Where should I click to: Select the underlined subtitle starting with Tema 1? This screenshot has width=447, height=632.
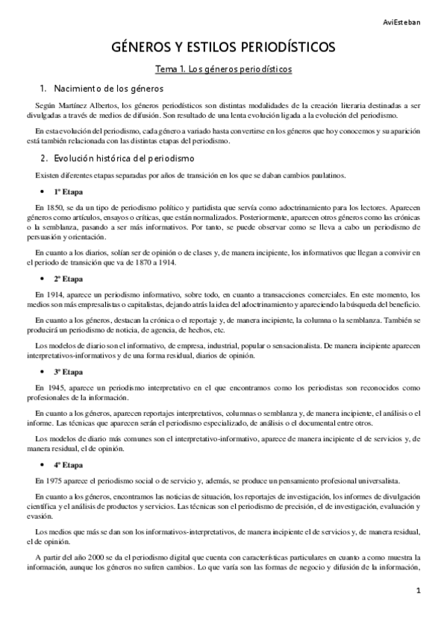point(223,69)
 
